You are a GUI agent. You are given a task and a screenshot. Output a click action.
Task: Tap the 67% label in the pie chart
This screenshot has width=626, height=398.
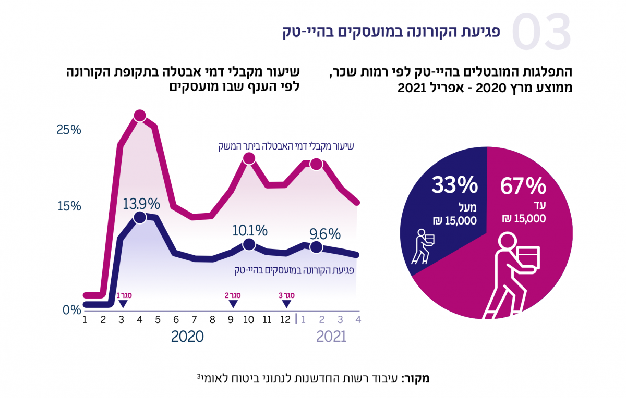(x=523, y=186)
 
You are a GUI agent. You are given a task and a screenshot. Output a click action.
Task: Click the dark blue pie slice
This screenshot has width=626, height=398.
(x=443, y=219)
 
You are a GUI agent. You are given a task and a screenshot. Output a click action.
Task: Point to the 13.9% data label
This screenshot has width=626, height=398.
(x=141, y=203)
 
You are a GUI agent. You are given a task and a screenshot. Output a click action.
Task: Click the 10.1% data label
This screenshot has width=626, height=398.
(x=249, y=230)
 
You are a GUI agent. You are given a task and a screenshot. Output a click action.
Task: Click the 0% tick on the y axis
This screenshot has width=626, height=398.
(x=71, y=310)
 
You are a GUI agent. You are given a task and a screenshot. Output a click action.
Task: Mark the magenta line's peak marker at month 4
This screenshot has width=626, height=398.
(x=139, y=116)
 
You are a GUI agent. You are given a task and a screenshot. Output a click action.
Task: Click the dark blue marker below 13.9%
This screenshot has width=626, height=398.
(x=139, y=218)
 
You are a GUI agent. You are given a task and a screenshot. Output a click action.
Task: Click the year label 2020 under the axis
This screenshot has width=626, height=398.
(x=187, y=337)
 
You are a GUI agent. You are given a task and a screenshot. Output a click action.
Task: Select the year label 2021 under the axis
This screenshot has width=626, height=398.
(x=331, y=337)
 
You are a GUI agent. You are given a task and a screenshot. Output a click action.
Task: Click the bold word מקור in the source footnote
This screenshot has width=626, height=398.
(x=416, y=378)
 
